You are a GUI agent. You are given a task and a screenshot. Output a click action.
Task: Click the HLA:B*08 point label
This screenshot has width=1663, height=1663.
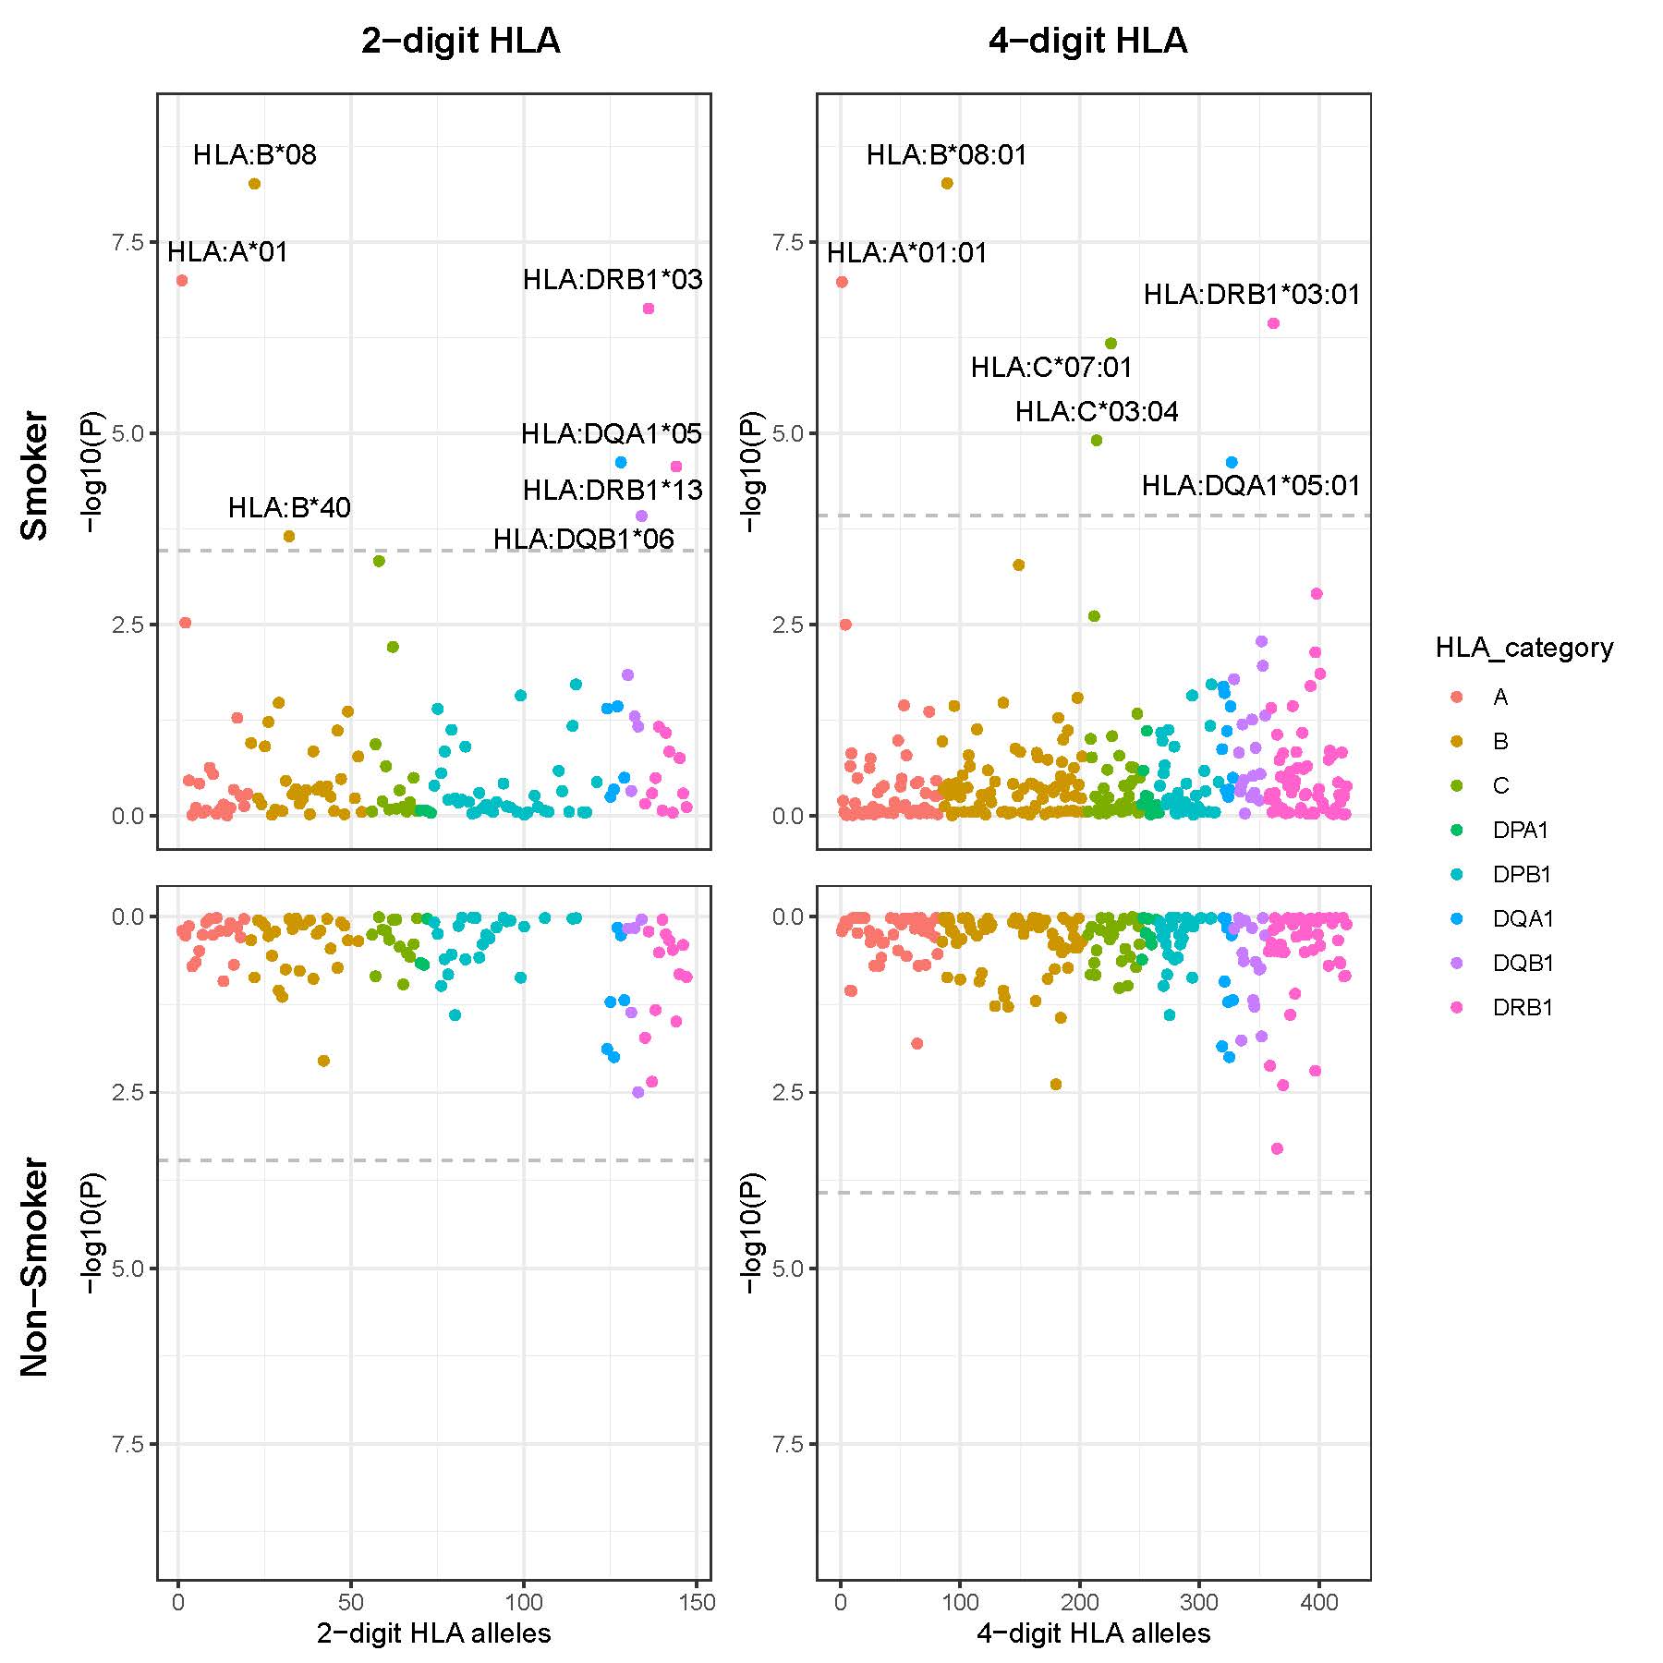coord(255,154)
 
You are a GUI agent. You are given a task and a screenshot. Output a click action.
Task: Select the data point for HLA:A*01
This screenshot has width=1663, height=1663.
coord(182,280)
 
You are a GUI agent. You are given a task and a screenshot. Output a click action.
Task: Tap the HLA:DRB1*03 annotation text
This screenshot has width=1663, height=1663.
coord(613,279)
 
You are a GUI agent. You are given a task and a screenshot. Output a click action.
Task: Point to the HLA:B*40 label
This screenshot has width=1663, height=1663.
coord(289,507)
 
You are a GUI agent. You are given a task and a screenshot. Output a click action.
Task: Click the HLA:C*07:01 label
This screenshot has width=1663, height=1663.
coord(1051,367)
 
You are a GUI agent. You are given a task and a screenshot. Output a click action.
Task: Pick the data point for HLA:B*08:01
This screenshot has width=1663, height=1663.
coord(947,183)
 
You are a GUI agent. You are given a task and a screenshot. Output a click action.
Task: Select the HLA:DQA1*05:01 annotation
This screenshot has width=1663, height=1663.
coord(1251,485)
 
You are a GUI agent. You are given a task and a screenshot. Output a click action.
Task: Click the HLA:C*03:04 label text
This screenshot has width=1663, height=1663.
coord(1097,411)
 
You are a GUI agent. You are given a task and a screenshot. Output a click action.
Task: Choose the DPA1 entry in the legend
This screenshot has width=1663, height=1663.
coord(1520,830)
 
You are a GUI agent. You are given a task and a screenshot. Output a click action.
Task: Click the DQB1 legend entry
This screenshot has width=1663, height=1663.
coord(1523,963)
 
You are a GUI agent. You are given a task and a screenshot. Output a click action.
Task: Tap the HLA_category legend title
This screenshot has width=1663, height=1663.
coord(1523,648)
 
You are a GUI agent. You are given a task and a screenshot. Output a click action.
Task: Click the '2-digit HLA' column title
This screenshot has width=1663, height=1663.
coord(460,41)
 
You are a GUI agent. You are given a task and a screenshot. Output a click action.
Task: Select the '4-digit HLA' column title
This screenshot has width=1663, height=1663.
coord(1087,41)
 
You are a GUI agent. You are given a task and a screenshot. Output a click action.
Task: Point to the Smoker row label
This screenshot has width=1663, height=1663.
coord(34,475)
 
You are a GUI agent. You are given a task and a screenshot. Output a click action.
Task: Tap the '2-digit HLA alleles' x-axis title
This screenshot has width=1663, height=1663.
coord(433,1633)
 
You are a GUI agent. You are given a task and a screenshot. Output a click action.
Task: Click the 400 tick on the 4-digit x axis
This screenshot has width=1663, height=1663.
coord(1319,1602)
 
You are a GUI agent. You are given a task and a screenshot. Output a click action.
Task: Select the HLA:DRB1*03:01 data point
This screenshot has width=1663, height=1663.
coord(1273,322)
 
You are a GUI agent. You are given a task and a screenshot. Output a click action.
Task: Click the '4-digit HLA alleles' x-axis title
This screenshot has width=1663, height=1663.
coord(1093,1633)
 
